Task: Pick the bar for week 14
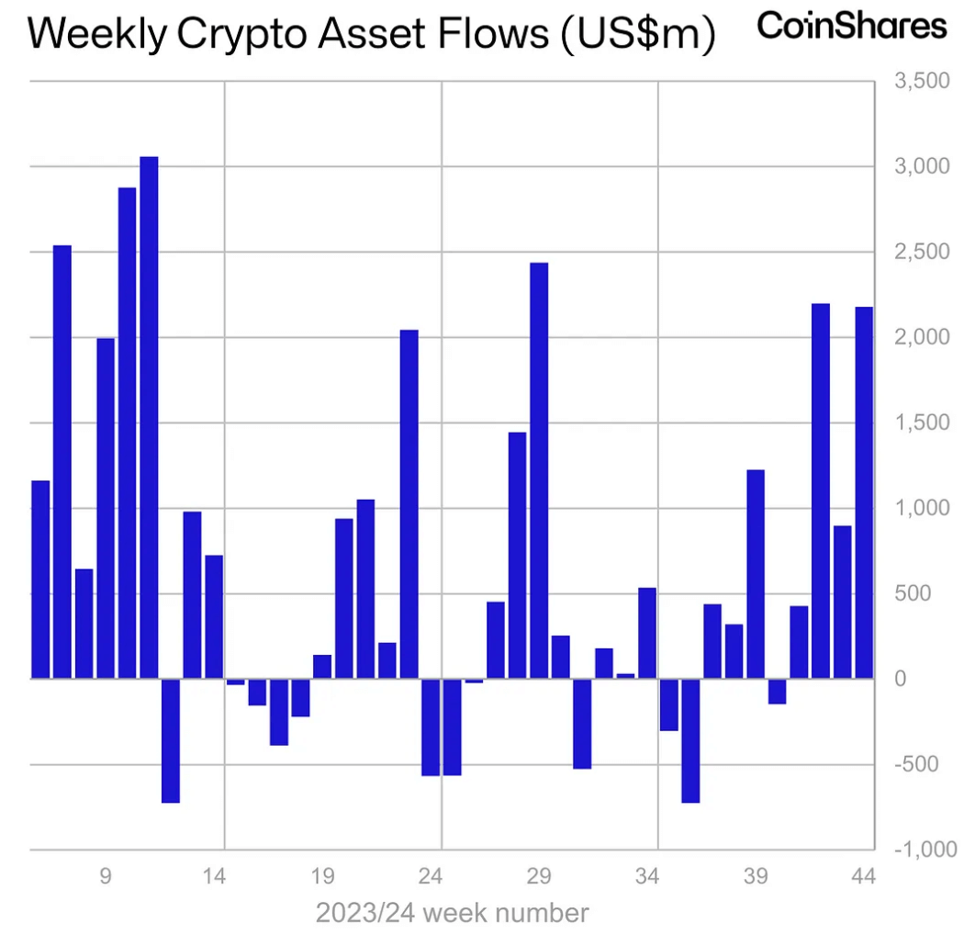214,616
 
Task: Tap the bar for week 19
322,666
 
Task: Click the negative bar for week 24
431,727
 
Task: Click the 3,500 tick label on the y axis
923,82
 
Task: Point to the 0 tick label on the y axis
902,679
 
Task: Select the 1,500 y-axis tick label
923,422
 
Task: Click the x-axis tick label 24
431,876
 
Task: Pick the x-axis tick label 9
106,876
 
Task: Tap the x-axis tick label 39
756,876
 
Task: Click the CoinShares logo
851,25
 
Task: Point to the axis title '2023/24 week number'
452,913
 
